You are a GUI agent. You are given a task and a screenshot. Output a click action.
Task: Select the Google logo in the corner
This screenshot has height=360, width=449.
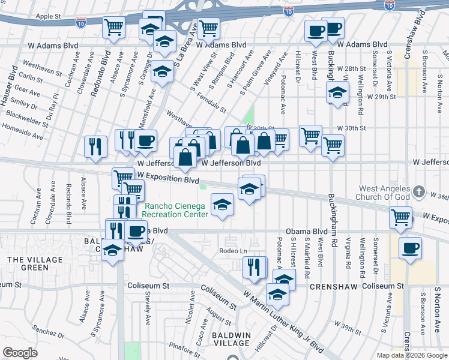20,353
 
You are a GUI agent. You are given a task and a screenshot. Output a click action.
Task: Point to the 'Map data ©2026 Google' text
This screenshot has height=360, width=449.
411,355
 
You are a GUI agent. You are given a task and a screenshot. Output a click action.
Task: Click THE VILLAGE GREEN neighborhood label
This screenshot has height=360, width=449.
28,263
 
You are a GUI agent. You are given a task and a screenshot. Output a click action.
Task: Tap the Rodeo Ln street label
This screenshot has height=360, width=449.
234,251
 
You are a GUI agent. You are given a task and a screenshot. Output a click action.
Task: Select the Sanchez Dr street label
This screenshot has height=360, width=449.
44,330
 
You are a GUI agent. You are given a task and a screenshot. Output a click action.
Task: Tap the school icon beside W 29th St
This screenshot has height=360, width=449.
338,93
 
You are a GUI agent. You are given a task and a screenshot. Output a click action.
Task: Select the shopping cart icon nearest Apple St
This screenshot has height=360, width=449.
113,27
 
